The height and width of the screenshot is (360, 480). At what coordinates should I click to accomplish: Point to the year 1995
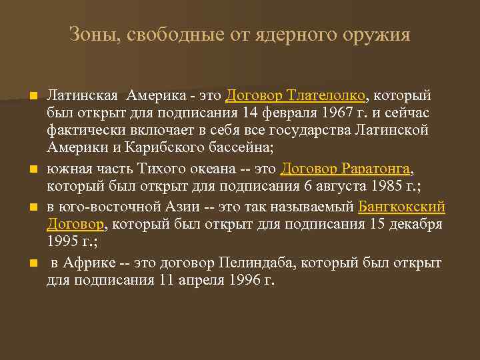tap(62, 239)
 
